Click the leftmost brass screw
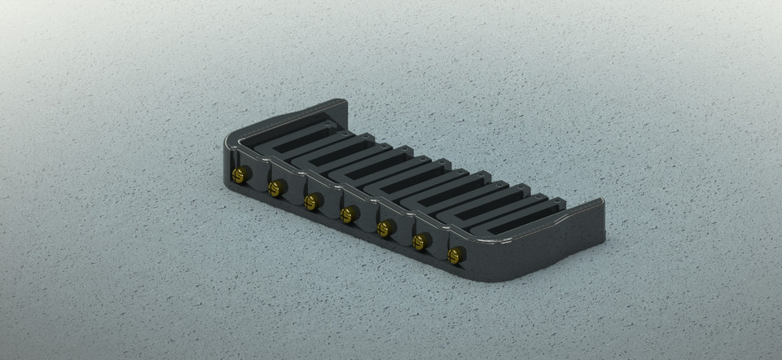coord(239,174)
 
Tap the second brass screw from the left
coord(276,188)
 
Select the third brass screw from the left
coord(312,201)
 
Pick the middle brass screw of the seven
coord(348,214)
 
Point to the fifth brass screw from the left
coord(384,227)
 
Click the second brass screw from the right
coord(421,240)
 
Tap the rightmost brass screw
coord(456,255)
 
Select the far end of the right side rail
coord(599,208)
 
